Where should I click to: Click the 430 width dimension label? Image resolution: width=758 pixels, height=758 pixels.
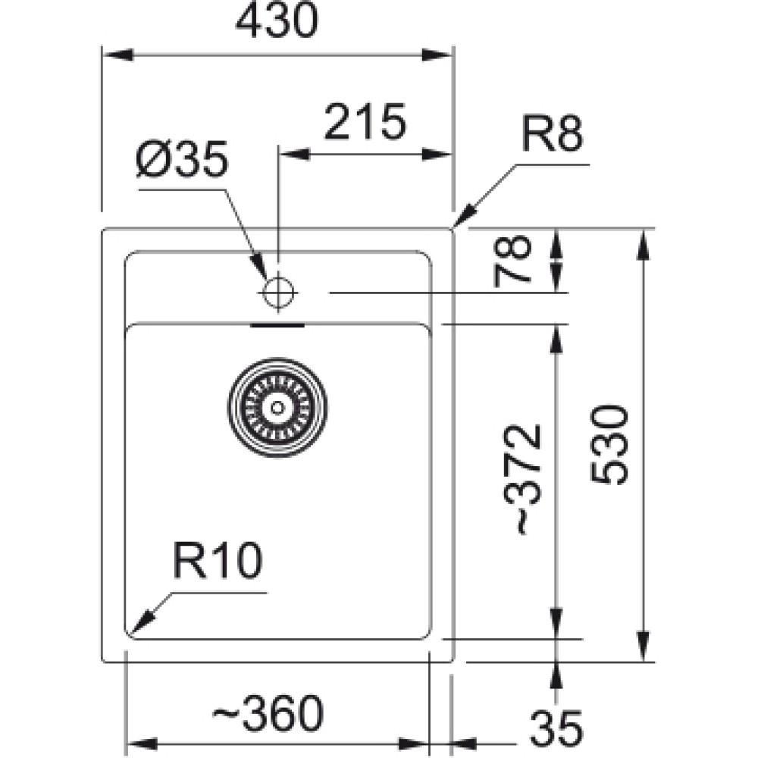point(277,20)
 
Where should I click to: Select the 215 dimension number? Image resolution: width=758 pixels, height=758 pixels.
point(365,121)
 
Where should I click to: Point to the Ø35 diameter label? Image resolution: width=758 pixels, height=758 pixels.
point(181,159)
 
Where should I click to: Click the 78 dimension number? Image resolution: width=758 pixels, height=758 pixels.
point(512,261)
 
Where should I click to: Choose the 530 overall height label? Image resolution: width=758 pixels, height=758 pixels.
point(609,444)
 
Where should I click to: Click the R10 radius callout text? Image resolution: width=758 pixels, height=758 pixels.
point(218,561)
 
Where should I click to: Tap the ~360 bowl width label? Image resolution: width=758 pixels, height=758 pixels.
point(268,713)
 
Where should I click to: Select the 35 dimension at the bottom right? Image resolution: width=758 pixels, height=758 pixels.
point(556,728)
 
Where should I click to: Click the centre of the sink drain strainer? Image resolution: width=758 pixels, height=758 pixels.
point(277,408)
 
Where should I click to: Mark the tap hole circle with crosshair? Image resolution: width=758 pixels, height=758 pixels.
point(278,293)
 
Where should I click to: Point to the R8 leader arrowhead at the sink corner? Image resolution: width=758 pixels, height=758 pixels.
point(463,217)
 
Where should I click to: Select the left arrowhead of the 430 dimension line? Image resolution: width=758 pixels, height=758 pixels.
point(118,55)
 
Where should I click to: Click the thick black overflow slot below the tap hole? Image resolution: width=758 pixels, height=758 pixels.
point(277,325)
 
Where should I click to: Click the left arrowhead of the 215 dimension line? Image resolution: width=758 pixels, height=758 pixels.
point(294,155)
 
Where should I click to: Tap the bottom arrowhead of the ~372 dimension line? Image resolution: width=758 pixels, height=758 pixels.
point(556,624)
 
